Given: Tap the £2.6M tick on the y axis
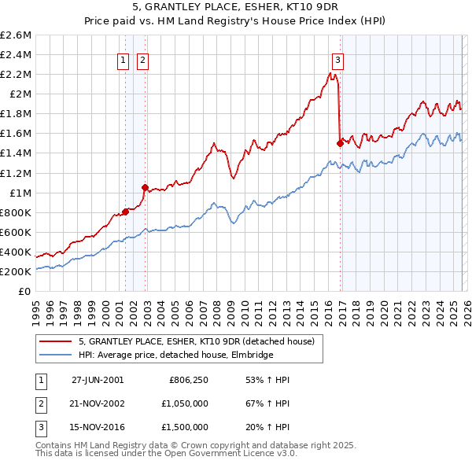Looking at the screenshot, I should click(x=16, y=35).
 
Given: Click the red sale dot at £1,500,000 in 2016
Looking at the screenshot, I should click(x=340, y=143).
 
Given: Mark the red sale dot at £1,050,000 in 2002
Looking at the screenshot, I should click(x=145, y=187).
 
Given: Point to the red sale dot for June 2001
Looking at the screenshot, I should click(x=125, y=211).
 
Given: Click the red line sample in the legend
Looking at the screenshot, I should click(x=57, y=341).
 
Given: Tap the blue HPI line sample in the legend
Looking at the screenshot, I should click(x=57, y=355).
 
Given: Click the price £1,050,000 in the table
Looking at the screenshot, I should click(x=182, y=403).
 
